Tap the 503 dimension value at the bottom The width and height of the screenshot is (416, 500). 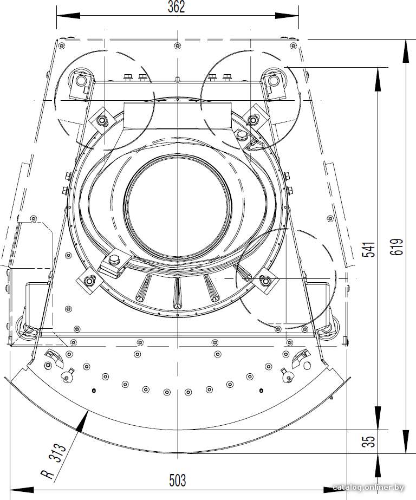pos(177,480)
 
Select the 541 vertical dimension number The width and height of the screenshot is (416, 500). pos(369,249)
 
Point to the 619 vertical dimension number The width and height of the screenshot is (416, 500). pos(397,247)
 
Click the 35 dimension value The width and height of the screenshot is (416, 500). pos(369,441)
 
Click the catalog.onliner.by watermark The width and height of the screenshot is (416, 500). pos(368,488)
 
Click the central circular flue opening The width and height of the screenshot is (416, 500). pos(177,206)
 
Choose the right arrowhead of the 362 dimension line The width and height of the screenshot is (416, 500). pos(287,16)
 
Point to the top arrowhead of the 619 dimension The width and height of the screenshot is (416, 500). pos(406,51)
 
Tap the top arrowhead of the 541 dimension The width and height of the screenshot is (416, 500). pos(378,80)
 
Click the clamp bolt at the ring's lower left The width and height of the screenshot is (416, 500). pos(114,259)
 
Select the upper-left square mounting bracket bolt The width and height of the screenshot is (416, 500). pos(102,120)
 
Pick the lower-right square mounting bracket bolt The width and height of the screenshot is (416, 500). pos(265,281)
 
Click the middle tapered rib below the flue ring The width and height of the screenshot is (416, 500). pos(177,293)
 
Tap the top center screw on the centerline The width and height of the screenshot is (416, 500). pos(178,46)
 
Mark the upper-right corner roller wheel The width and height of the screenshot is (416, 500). pos(274,80)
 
